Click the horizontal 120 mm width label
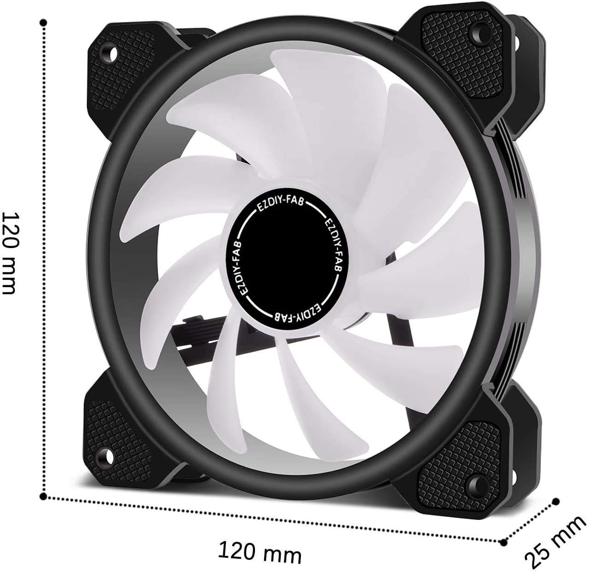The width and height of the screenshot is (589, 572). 260,551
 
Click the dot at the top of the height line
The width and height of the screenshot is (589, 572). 44,22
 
